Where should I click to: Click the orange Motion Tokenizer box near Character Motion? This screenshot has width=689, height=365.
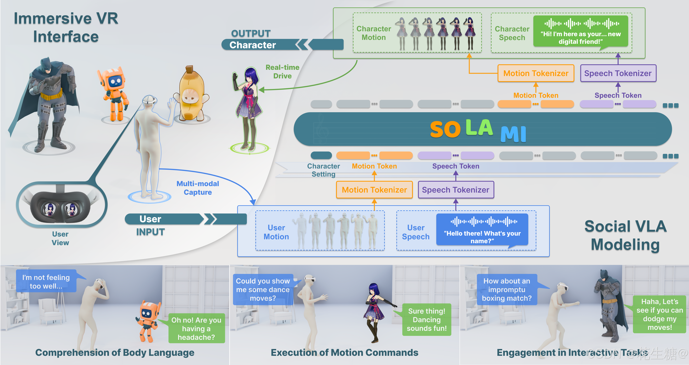pyautogui.click(x=536, y=73)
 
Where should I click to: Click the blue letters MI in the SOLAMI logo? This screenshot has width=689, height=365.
pyautogui.click(x=513, y=134)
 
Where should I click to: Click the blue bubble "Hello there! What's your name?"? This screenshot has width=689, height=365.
pyautogui.click(x=482, y=230)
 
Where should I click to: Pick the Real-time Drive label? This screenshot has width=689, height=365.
pyautogui.click(x=282, y=72)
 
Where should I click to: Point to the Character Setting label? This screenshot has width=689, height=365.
pyautogui.click(x=323, y=170)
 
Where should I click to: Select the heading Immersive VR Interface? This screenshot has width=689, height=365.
pyautogui.click(x=66, y=27)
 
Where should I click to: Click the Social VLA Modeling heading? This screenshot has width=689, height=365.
pyautogui.click(x=625, y=235)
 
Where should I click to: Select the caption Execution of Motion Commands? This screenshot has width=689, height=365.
pyautogui.click(x=344, y=352)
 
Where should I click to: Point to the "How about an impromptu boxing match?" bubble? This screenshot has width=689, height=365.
pyautogui.click(x=507, y=290)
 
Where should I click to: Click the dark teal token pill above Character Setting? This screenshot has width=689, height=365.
pyautogui.click(x=321, y=155)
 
